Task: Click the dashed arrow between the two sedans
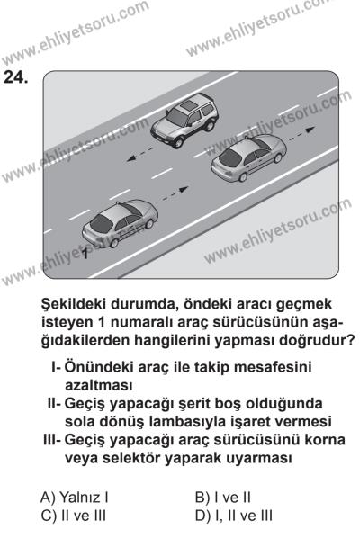[x=175, y=193]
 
